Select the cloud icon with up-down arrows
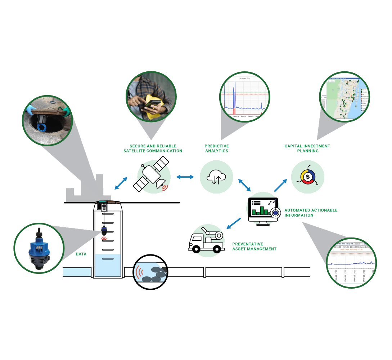(x=216, y=177)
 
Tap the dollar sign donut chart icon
(x=308, y=177)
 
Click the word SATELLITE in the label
(x=137, y=151)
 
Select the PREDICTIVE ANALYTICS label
(x=216, y=148)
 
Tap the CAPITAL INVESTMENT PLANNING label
(x=307, y=148)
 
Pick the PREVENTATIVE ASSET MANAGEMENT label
(x=254, y=246)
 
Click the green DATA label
(x=81, y=254)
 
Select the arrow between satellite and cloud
(x=185, y=177)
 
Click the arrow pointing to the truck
(x=234, y=223)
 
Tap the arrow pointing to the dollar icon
(x=280, y=185)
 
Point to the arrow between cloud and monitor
(x=244, y=185)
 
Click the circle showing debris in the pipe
(x=151, y=272)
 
